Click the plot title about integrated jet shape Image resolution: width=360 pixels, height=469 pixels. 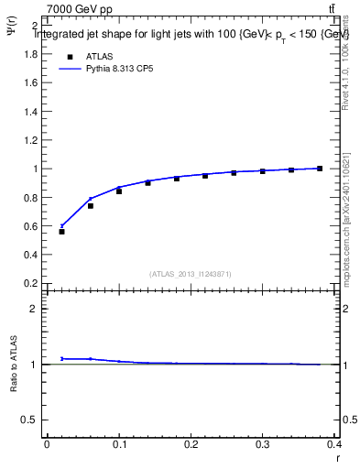coord(191,35)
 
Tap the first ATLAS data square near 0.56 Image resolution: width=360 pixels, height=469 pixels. coord(62,232)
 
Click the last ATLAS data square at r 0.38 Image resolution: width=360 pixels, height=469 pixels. coord(320,169)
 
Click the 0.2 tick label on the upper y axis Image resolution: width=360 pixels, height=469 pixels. coord(31,283)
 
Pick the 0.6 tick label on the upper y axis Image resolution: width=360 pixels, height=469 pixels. coord(31,226)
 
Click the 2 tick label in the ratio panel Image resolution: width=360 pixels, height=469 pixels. coord(34,309)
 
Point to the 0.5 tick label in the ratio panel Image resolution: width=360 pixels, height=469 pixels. coord(31,420)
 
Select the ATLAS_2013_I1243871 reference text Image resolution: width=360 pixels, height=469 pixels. coord(191,274)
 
